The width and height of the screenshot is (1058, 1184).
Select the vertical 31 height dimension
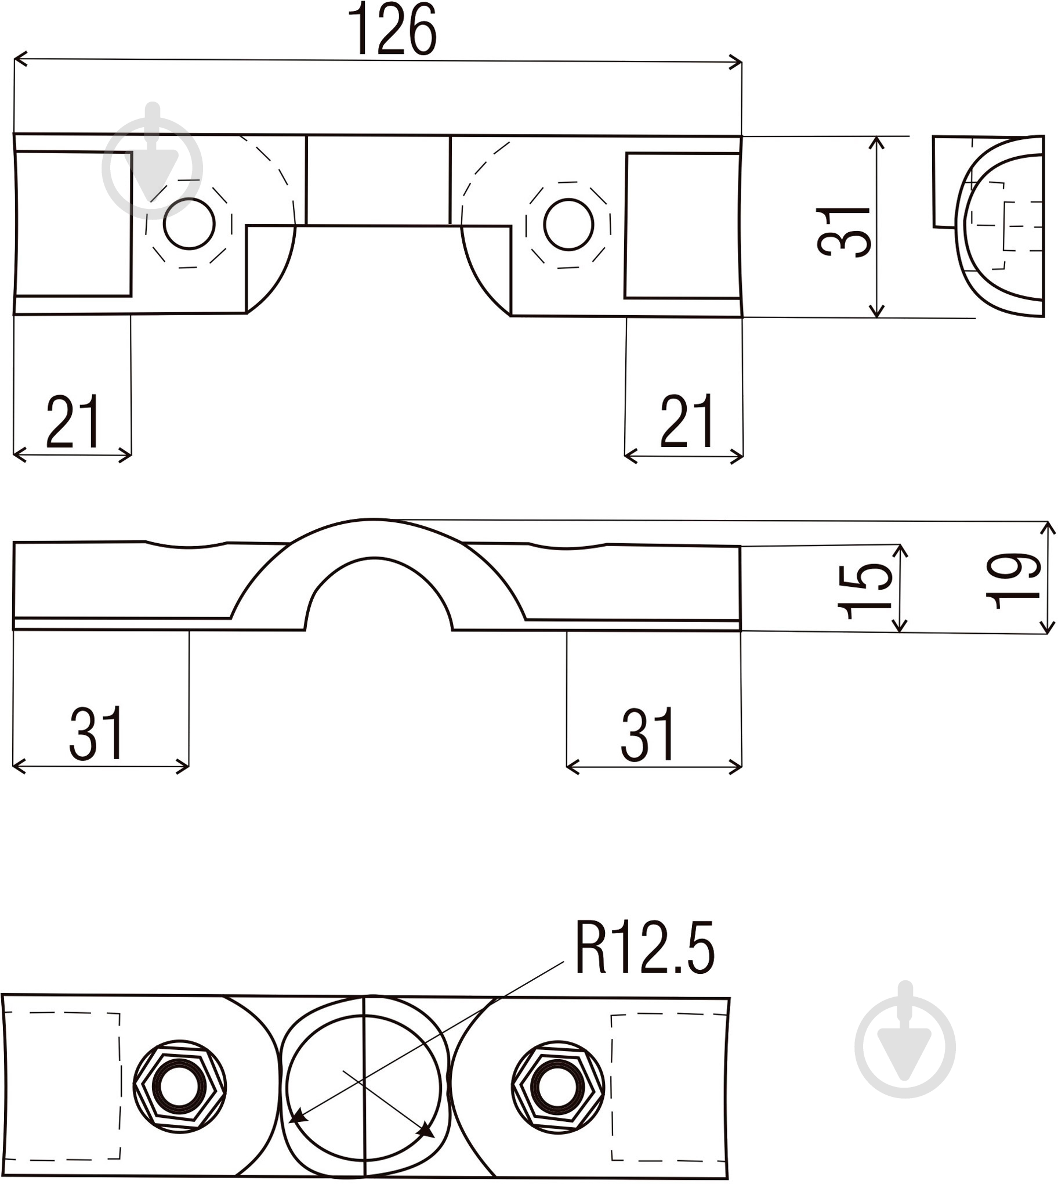[844, 231]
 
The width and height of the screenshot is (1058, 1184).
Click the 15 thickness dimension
[865, 591]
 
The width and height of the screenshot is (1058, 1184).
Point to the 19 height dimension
[1013, 580]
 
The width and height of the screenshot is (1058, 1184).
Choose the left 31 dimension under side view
[96, 732]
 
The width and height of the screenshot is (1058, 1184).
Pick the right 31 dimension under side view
[647, 734]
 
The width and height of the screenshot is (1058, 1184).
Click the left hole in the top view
[189, 223]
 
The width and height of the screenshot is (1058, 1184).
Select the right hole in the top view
[568, 225]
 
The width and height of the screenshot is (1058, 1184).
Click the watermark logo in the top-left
[153, 163]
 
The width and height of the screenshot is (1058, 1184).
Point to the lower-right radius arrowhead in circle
[427, 1130]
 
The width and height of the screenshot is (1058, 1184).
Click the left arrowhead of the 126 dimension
[20, 59]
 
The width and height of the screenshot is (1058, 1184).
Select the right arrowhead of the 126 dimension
[735, 62]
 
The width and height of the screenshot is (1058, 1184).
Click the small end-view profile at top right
[988, 226]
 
